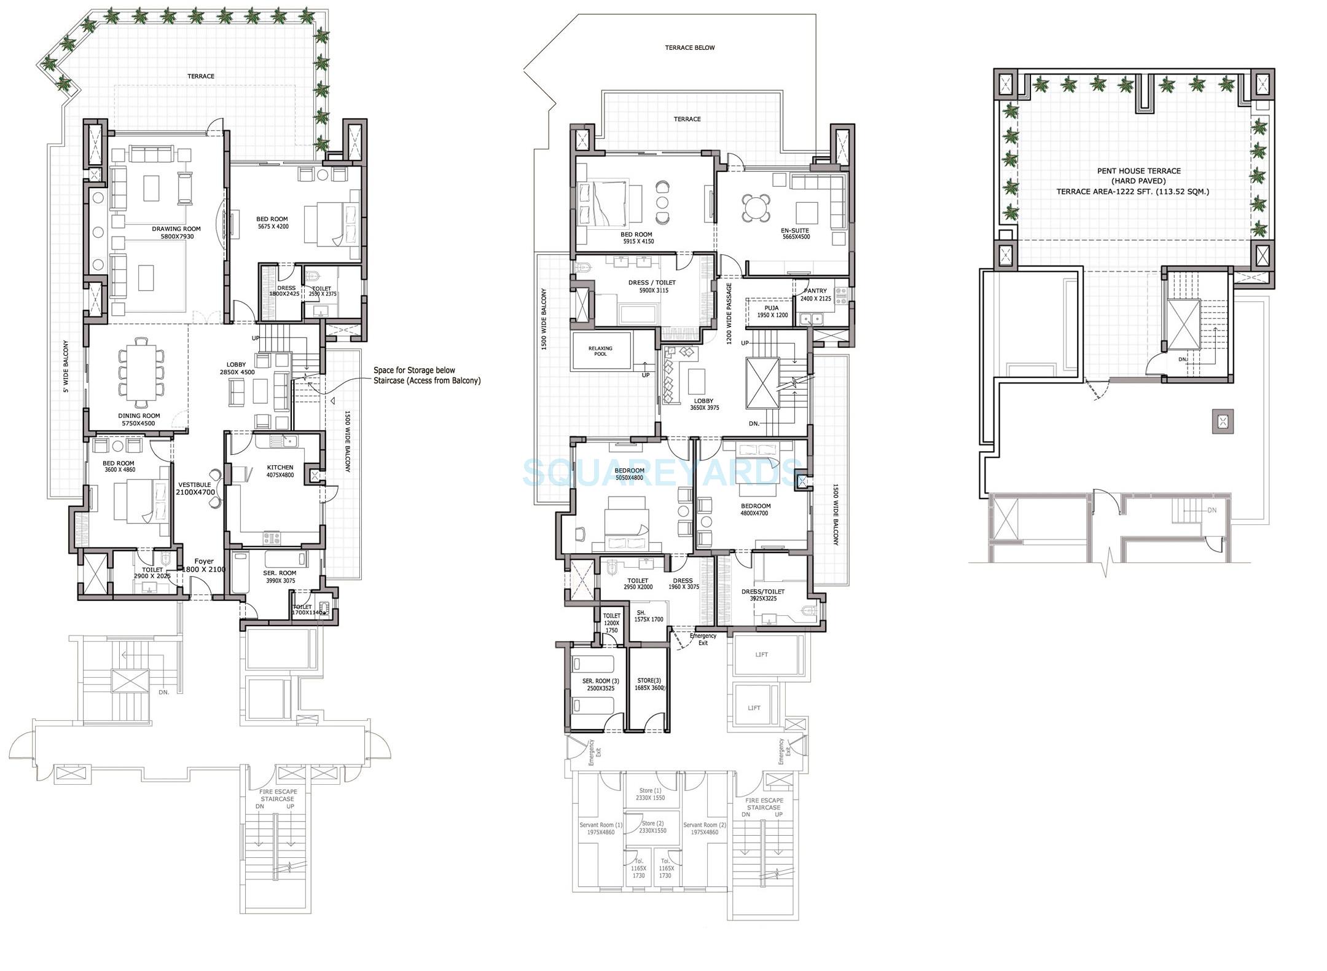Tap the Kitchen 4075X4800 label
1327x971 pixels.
pyautogui.click(x=280, y=471)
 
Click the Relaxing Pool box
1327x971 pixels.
pyautogui.click(x=601, y=351)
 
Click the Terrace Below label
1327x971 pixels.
pyautogui.click(x=689, y=47)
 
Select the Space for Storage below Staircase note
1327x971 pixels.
pyautogui.click(x=426, y=375)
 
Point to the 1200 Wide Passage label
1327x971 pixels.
pyautogui.click(x=729, y=313)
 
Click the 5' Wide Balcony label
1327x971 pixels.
pyautogui.click(x=66, y=366)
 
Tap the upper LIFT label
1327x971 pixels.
pyautogui.click(x=761, y=655)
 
